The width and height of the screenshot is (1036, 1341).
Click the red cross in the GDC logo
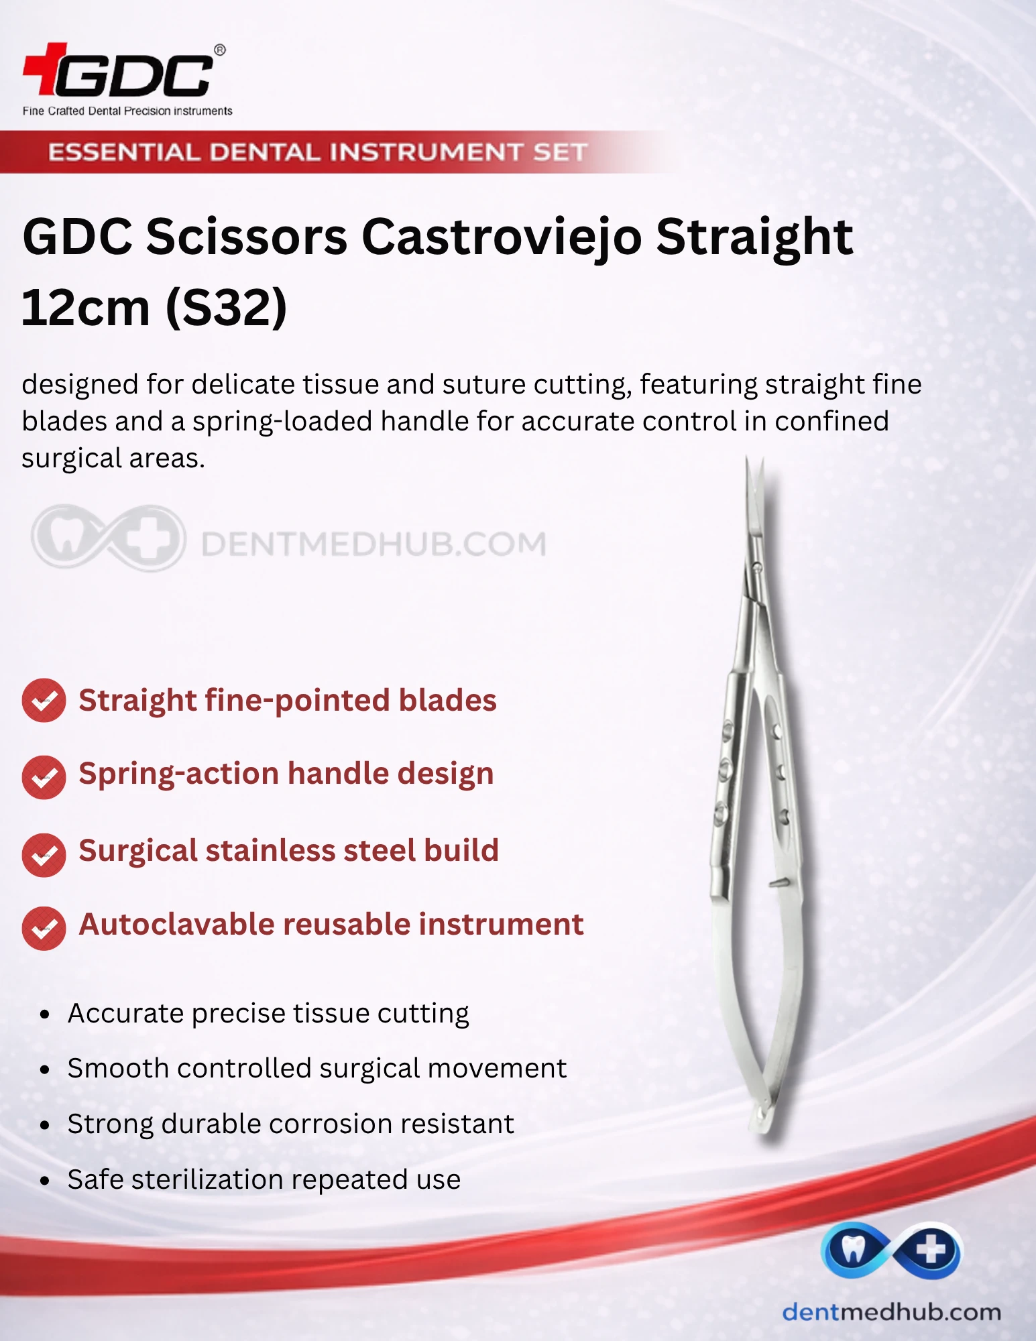45,68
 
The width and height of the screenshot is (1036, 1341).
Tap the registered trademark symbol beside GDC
219,50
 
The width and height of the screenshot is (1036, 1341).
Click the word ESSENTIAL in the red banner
124,152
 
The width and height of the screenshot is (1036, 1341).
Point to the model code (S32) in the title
226,308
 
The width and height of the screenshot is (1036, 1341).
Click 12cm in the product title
86,308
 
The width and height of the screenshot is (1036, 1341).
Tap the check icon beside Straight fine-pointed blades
44,701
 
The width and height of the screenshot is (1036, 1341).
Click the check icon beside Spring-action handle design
44,777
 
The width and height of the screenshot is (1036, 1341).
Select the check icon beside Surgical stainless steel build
44,855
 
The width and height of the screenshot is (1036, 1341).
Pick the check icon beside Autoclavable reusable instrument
44,928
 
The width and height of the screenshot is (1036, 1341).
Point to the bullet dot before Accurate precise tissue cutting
45,1014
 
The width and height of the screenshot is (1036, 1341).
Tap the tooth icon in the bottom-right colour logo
852,1248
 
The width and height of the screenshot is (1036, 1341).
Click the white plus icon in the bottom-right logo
931,1250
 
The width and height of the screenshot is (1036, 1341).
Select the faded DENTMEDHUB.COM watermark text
373,544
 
